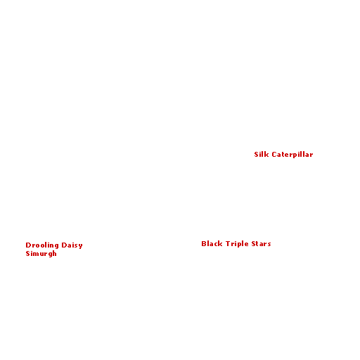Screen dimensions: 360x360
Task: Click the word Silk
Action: coord(262,155)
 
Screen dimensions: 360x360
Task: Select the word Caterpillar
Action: coord(292,155)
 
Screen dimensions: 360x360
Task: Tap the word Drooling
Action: coord(42,245)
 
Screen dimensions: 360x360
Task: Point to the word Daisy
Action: coord(72,245)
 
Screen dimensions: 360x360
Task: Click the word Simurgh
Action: coord(41,254)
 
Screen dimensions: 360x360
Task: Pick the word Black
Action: coord(212,244)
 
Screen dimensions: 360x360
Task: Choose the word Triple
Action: coord(237,244)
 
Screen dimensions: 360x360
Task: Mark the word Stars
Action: coord(261,244)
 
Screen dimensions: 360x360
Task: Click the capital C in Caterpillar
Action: coord(274,155)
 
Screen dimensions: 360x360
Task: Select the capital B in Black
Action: coord(204,244)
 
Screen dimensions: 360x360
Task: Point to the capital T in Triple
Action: coord(228,244)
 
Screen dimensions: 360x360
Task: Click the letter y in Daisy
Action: coord(80,246)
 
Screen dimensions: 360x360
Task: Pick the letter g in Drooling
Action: coord(56,246)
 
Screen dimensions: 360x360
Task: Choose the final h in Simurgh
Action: coord(54,253)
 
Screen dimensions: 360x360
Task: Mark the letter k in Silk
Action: coord(266,155)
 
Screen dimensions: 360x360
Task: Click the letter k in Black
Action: coord(220,244)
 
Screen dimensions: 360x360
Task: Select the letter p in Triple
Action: coord(240,245)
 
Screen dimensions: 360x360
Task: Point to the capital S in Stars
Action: coord(254,244)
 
